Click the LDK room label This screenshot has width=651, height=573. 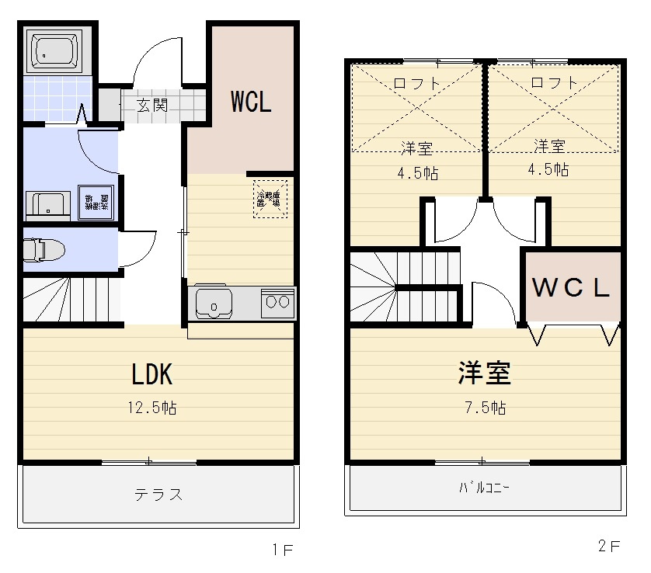(151, 375)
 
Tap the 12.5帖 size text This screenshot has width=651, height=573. (152, 408)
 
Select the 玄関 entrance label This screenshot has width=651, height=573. (152, 105)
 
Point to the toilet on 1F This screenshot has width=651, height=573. (44, 250)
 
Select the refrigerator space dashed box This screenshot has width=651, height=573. (270, 199)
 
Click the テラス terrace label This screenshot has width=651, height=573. (158, 495)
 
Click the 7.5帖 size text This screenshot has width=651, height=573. (483, 408)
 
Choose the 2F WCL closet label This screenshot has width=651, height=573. (571, 288)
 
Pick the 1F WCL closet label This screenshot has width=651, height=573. (250, 102)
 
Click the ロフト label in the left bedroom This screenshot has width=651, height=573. (417, 82)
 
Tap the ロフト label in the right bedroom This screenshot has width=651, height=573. (554, 82)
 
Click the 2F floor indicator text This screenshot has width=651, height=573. (609, 547)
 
